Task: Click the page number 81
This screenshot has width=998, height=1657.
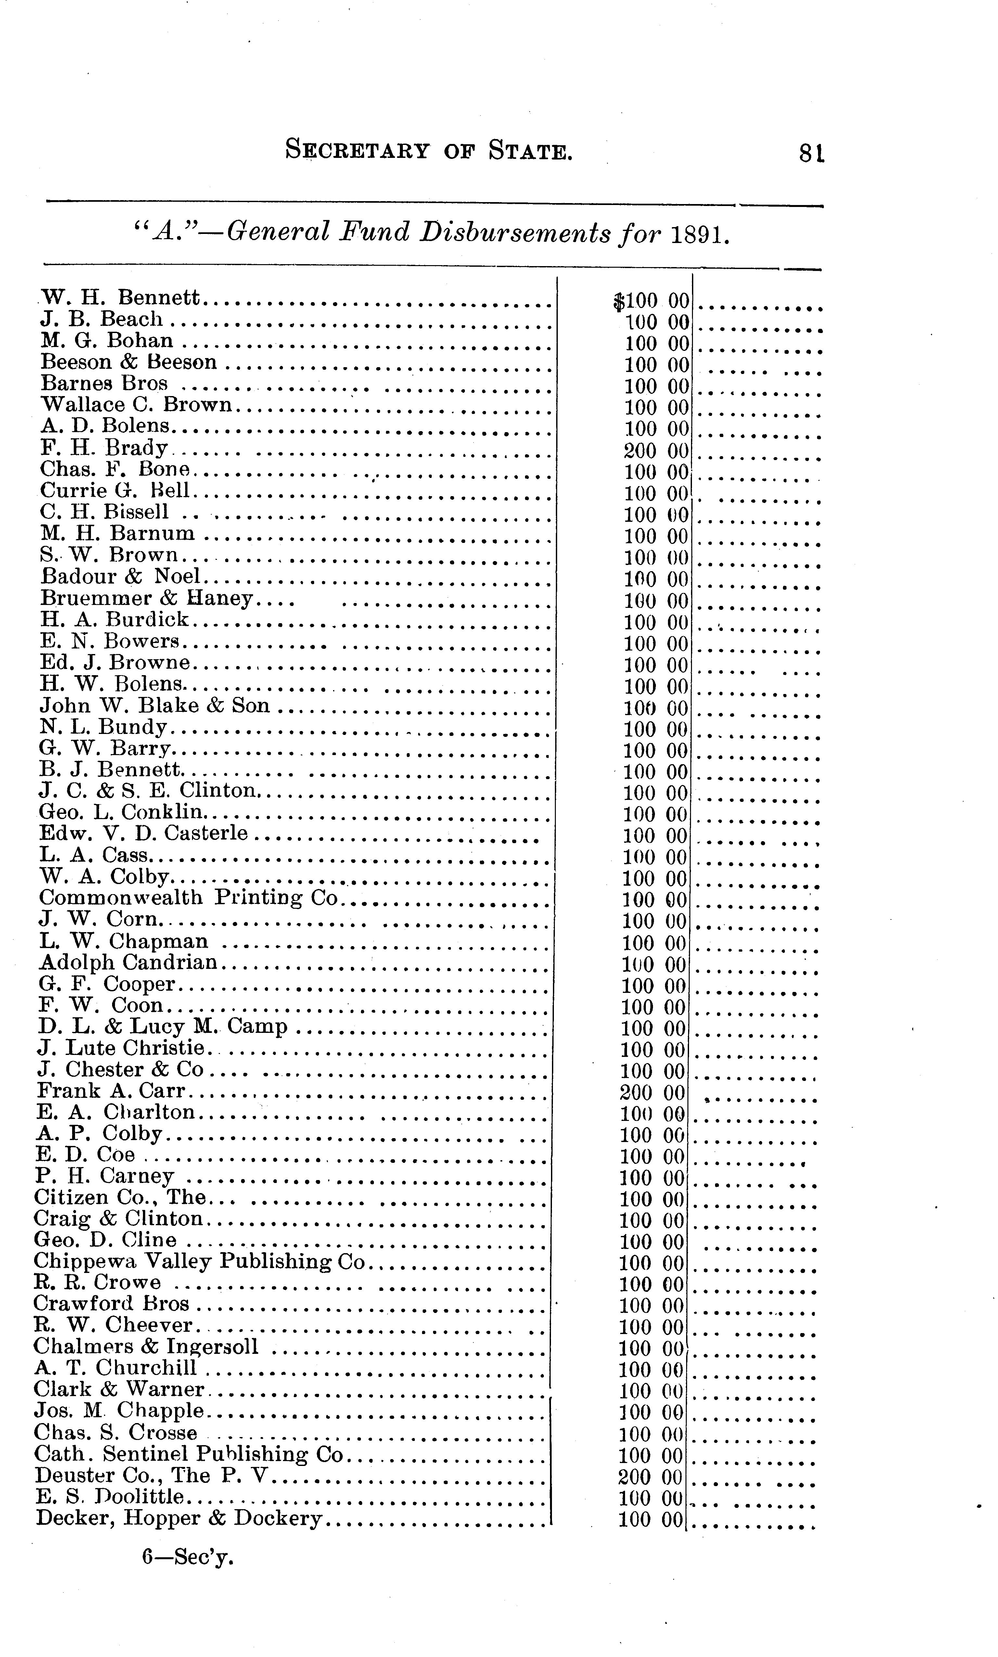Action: pos(811,153)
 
